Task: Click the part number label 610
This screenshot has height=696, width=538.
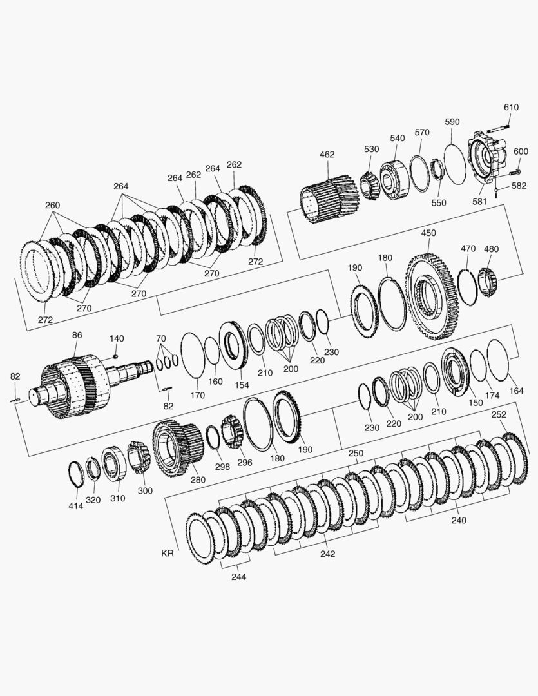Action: click(511, 107)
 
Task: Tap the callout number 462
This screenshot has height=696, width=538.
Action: click(327, 155)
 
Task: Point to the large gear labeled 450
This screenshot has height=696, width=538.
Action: click(430, 296)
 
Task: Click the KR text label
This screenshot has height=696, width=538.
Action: click(168, 554)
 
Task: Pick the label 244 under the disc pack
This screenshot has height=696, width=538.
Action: click(238, 577)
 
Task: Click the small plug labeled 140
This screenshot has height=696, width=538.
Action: click(115, 356)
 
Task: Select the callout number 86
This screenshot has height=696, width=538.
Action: click(77, 335)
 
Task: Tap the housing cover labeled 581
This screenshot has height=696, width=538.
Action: click(487, 159)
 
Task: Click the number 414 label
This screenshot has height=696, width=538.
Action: click(75, 506)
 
